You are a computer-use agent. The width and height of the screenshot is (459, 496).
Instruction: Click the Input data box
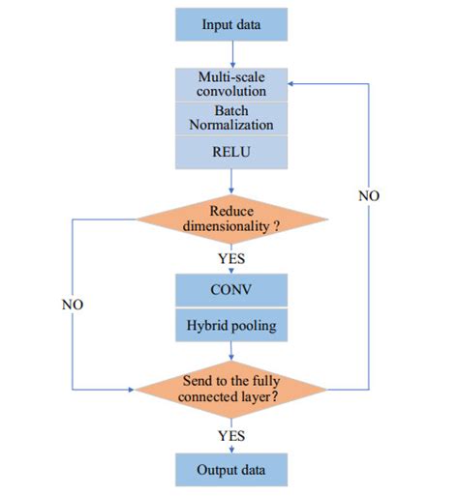point(231,24)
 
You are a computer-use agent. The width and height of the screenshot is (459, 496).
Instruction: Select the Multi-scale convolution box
point(231,83)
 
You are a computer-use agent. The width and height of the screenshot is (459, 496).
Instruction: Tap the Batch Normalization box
point(231,118)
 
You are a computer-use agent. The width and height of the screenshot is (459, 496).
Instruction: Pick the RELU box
point(231,151)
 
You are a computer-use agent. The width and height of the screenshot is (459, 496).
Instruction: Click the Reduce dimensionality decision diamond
point(231,219)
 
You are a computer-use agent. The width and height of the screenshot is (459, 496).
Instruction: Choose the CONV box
point(231,289)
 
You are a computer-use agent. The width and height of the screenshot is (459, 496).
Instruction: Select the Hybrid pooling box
point(231,326)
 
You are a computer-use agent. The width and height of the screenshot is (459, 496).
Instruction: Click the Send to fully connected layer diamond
point(231,389)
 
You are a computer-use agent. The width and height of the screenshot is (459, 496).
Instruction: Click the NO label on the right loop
point(369,196)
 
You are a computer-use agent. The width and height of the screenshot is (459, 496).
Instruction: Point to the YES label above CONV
point(231,259)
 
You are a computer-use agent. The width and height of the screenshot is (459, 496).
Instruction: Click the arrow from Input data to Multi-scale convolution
point(231,53)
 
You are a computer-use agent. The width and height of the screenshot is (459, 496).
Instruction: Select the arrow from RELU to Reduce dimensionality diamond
point(231,182)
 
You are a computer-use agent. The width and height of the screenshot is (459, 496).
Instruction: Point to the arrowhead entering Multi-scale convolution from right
point(294,83)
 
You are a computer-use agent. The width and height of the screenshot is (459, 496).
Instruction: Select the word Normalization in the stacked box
point(231,125)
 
